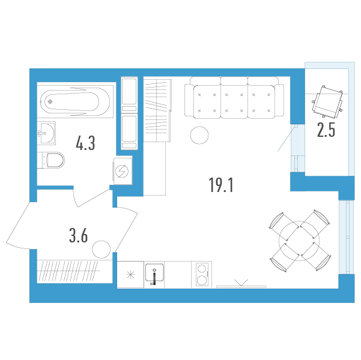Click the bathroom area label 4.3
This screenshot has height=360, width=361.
tap(85, 143)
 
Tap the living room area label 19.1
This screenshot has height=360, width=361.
tap(221, 185)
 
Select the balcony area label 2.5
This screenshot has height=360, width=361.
tap(326, 130)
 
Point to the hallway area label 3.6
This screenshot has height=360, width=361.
tap(78, 236)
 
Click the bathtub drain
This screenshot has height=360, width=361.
tap(50, 101)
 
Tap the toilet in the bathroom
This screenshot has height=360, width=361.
tap(51, 160)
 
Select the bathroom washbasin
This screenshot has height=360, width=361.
tap(46, 133)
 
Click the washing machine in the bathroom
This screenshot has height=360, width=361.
tap(123, 170)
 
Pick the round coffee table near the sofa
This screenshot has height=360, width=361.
tap(199, 135)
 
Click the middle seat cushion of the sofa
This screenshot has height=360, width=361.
tap(234, 101)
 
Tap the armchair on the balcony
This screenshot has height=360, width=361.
tap(327, 101)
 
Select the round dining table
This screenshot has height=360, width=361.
tap(299, 241)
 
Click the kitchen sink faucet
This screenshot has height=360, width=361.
tap(154, 277)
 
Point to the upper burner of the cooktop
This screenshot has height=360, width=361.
tap(202, 269)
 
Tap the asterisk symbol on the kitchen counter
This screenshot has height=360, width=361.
tap(130, 274)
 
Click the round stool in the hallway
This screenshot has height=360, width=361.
tap(102, 250)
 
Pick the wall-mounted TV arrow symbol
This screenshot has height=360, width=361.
tap(241, 283)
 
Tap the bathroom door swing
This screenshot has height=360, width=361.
tap(91, 197)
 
